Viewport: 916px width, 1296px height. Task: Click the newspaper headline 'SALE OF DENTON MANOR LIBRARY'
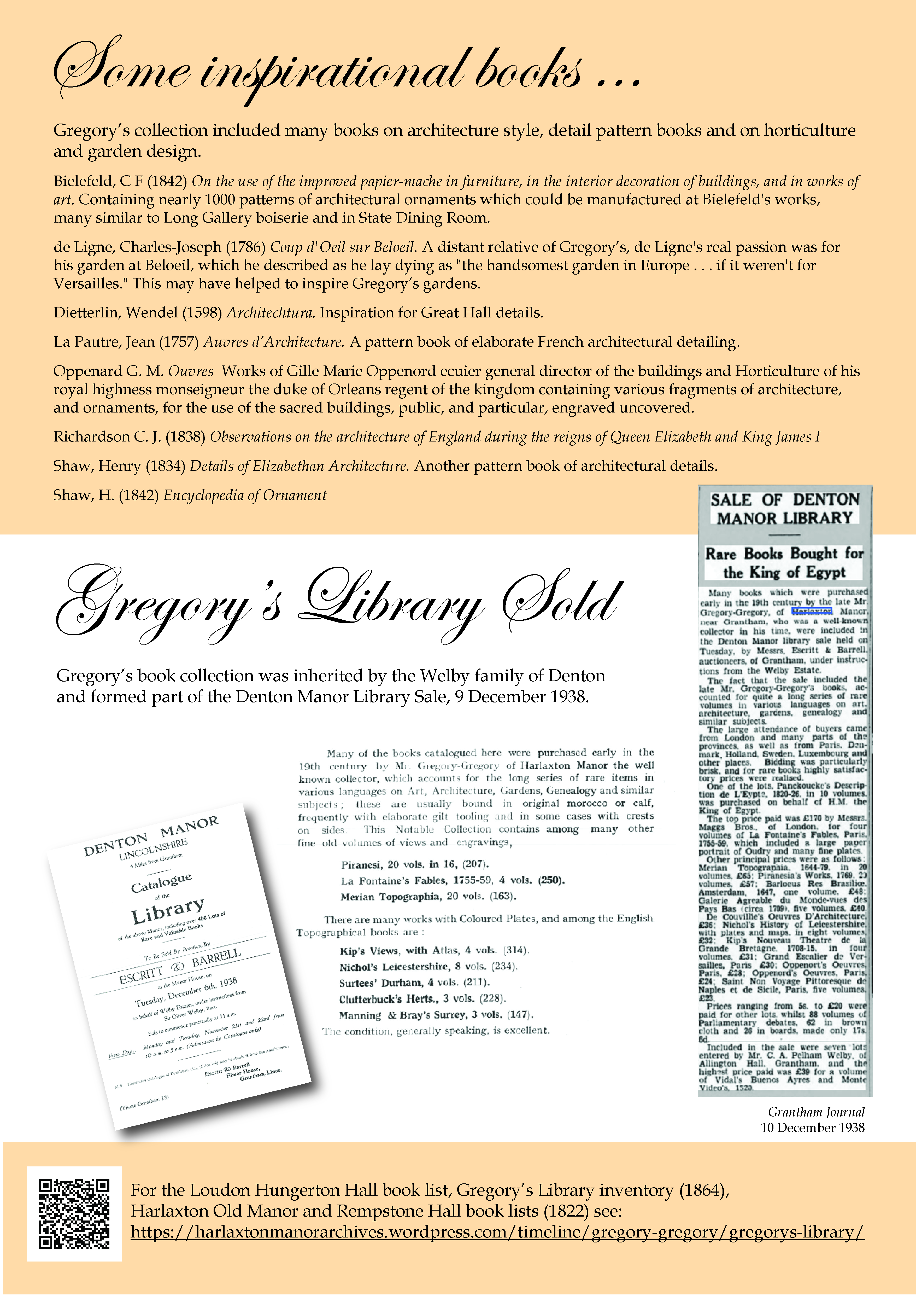point(785,509)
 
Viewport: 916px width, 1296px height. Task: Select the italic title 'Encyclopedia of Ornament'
point(245,496)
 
